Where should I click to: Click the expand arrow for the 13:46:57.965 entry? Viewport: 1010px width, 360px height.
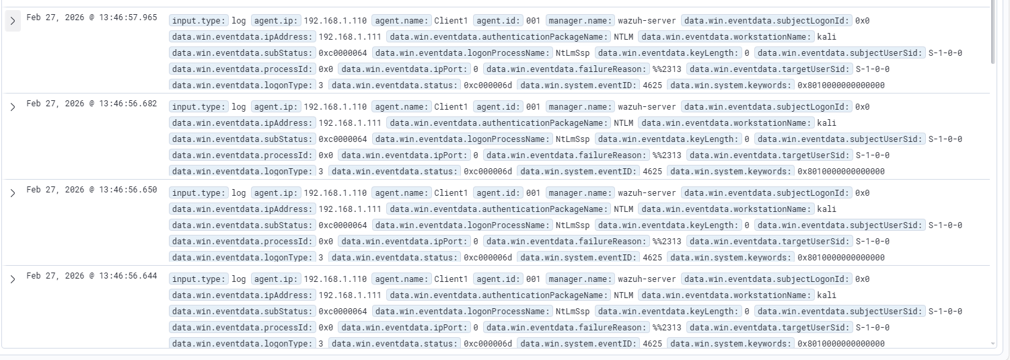13,22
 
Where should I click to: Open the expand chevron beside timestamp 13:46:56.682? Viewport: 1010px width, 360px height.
13,107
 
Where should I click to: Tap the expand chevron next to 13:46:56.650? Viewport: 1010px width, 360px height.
13,193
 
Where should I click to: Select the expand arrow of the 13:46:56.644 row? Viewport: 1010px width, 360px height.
13,279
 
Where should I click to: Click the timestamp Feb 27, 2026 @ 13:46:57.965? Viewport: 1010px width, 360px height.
92,17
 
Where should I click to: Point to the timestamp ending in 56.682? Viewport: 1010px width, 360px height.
92,104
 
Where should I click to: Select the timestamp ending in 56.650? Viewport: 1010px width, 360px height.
92,190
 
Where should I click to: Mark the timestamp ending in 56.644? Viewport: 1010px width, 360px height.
92,276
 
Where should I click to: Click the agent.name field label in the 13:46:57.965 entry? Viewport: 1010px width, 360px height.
402,21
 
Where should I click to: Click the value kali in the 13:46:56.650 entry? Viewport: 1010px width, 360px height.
826,209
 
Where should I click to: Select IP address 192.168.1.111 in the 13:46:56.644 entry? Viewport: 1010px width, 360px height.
350,295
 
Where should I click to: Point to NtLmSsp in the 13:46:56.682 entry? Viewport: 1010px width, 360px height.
572,139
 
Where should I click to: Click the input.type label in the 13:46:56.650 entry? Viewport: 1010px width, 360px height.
199,193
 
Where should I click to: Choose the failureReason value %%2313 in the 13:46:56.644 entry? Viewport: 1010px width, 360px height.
667,328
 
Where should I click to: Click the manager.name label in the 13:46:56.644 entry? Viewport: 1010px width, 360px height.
580,279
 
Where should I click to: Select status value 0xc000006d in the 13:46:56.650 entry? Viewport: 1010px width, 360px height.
488,258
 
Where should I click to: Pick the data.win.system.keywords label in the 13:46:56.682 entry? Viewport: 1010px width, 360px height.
731,172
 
